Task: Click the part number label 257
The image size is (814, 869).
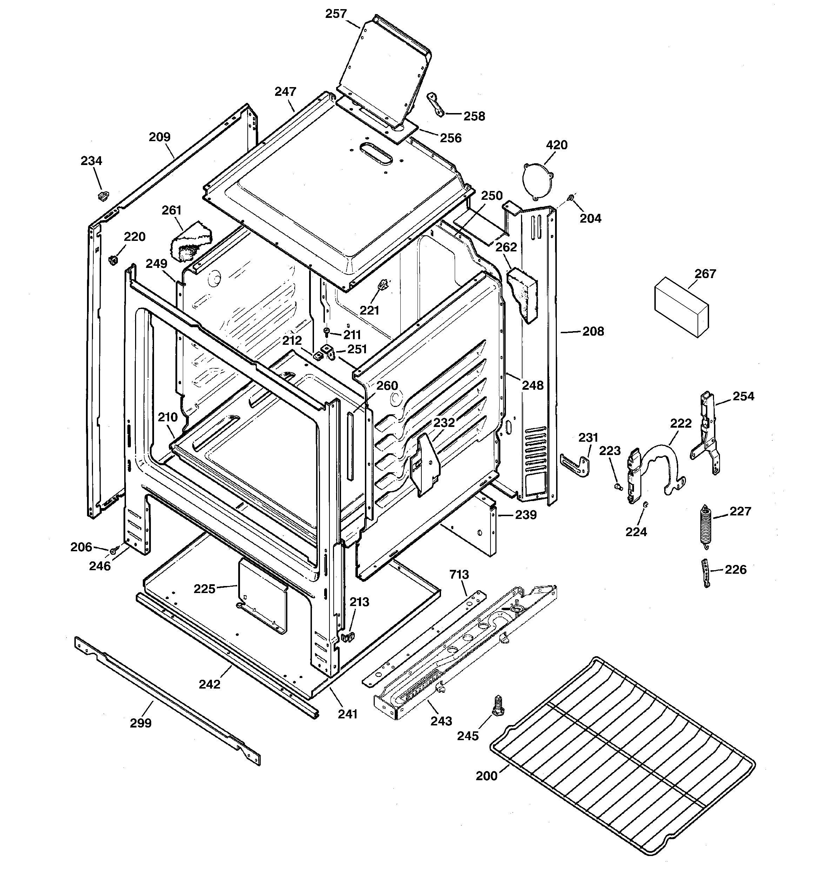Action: (335, 14)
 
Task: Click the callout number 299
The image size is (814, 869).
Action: (141, 723)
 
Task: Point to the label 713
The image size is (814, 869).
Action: (459, 574)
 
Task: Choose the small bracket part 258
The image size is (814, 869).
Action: (436, 104)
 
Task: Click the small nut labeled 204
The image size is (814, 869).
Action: (570, 199)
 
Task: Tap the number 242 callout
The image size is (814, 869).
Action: (210, 684)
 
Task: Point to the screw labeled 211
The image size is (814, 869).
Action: (327, 332)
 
